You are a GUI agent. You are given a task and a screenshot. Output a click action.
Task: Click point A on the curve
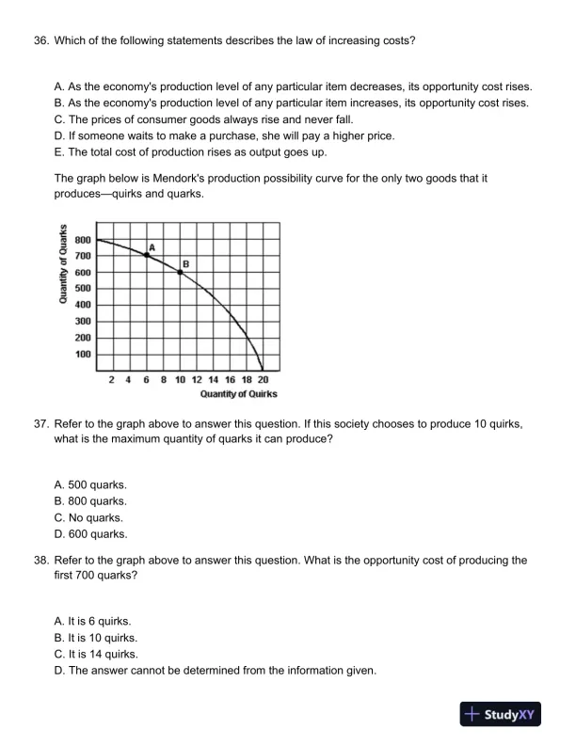(x=147, y=255)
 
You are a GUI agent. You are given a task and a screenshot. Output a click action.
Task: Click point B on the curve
(x=180, y=272)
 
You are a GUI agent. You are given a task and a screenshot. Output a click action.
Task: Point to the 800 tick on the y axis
(x=83, y=239)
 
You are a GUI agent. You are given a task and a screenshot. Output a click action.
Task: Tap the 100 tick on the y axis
(x=83, y=355)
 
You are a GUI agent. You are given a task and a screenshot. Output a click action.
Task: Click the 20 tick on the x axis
(x=263, y=379)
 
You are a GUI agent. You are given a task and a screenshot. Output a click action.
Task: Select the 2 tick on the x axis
(x=113, y=379)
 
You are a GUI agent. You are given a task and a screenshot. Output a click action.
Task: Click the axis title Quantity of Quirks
(x=238, y=393)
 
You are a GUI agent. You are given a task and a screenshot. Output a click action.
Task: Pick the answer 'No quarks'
(x=88, y=517)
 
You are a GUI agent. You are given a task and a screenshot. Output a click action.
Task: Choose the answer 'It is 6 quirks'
(x=93, y=621)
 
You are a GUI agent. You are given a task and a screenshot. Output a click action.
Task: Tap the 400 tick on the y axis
(x=83, y=305)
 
